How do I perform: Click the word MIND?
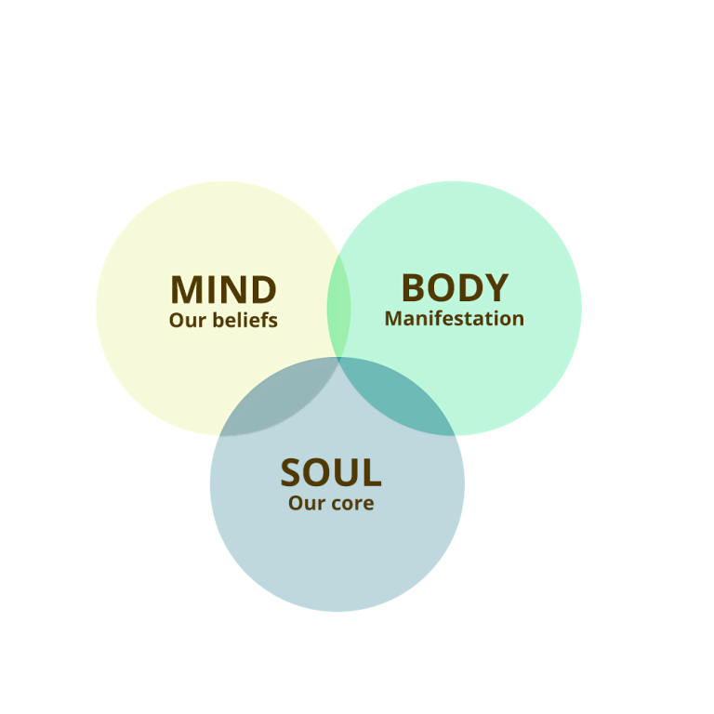pyautogui.click(x=223, y=290)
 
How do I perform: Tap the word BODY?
pyautogui.click(x=455, y=288)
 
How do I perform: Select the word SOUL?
pyautogui.click(x=331, y=473)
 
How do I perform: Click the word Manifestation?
pyautogui.click(x=455, y=319)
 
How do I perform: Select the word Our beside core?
pyautogui.click(x=305, y=504)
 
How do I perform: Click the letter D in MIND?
pyautogui.click(x=263, y=290)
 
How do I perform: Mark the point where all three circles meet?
pyautogui.click(x=338, y=359)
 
